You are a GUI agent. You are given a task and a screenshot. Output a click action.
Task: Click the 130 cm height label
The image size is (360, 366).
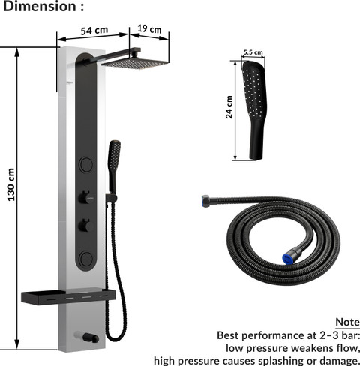pos(11,184)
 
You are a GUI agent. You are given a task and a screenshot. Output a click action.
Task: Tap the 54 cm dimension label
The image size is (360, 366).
pos(94,31)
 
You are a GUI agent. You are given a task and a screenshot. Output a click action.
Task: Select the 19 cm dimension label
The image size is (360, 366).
pos(149,28)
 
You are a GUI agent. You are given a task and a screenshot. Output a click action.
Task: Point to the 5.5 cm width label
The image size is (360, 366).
pos(253,52)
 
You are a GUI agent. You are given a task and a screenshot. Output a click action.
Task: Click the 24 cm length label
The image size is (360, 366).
pos(229,107)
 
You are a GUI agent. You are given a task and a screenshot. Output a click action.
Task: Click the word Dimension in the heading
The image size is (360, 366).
pos(40,7)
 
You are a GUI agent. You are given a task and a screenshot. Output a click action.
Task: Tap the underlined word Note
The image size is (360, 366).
pos(348,322)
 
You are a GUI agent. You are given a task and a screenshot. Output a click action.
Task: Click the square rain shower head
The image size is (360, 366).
pos(135,63)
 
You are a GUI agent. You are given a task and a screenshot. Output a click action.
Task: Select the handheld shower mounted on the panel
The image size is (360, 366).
pos(114,166)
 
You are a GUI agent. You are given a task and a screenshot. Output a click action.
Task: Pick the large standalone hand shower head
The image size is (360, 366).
pos(254,110)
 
